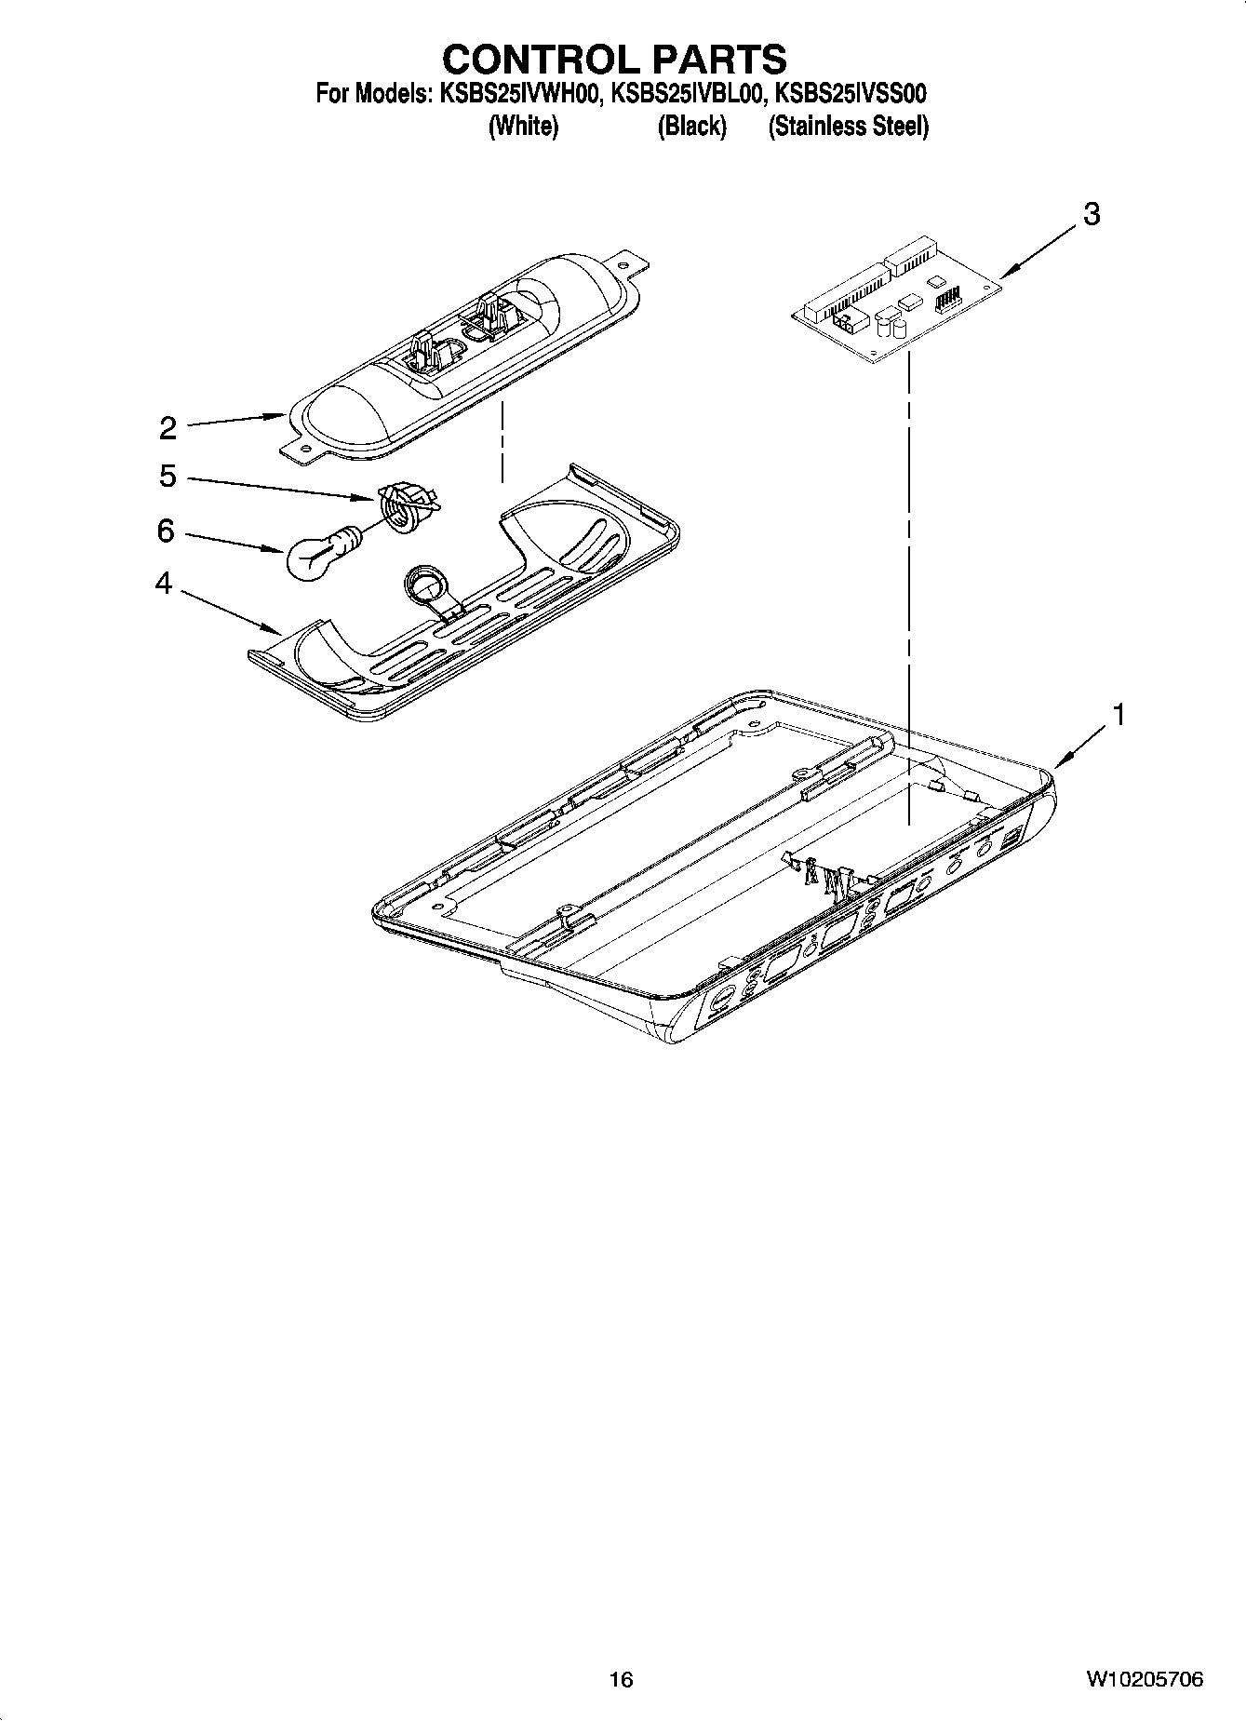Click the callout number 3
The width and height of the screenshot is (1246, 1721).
tap(1092, 214)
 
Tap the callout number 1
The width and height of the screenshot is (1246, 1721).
tap(1119, 715)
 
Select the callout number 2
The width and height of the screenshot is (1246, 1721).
tap(167, 428)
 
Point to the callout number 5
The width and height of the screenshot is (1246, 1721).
tap(167, 477)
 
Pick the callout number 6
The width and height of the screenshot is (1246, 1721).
tap(166, 531)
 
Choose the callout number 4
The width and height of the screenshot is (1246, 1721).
tap(164, 585)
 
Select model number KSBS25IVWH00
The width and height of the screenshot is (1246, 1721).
tap(516, 94)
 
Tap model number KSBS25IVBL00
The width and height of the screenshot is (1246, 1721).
tap(688, 94)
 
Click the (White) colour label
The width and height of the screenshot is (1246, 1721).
tap(523, 127)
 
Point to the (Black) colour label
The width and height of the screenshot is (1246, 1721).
tap(691, 127)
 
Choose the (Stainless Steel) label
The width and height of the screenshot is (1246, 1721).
tap(848, 127)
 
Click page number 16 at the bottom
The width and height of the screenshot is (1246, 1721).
tap(621, 1679)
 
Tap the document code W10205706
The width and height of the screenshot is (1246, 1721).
tap(1144, 1679)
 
